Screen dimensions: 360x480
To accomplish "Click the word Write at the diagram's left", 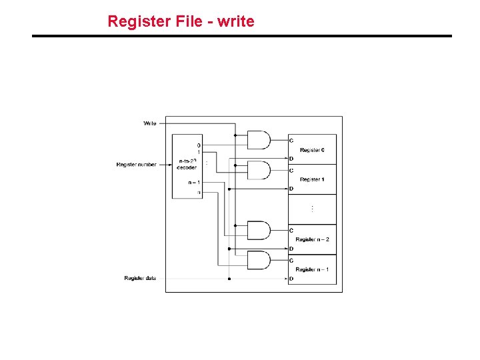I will tap(150, 123).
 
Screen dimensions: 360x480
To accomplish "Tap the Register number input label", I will tap(136, 165).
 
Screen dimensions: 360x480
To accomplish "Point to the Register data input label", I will tap(140, 278).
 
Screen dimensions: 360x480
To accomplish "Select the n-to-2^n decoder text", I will tap(187, 164).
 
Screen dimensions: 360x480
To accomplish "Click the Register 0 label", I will tap(312, 150).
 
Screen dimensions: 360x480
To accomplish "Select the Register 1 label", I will tap(312, 179).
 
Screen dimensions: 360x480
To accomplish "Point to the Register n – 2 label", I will tap(312, 239).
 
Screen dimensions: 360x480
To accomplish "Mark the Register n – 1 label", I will tap(312, 269).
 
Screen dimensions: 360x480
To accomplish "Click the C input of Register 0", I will tap(291, 141).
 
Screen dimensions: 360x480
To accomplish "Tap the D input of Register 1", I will tap(291, 189).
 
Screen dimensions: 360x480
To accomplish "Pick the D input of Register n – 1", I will tap(291, 279).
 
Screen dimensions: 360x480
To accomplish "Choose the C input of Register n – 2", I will tap(291, 231).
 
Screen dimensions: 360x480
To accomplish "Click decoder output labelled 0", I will tap(199, 145).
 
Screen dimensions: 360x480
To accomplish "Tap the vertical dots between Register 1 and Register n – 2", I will tap(312, 209).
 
